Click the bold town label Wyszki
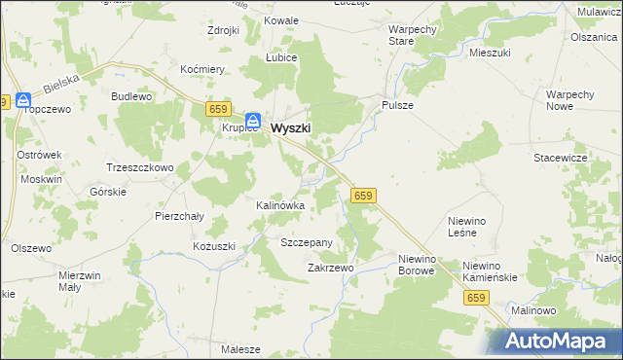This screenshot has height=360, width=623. (291, 126)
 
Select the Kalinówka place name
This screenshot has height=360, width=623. (280, 206)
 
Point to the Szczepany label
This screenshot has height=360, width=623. (307, 242)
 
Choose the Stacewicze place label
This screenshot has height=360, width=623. (559, 157)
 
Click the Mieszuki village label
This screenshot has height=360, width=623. (490, 54)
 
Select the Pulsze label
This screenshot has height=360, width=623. (398, 105)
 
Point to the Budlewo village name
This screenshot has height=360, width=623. (131, 97)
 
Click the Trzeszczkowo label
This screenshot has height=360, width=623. (139, 167)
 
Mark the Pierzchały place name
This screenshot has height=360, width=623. (179, 216)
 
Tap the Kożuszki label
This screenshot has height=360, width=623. (213, 246)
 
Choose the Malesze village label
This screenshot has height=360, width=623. (240, 349)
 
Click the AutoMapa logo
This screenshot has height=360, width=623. (554, 341)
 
